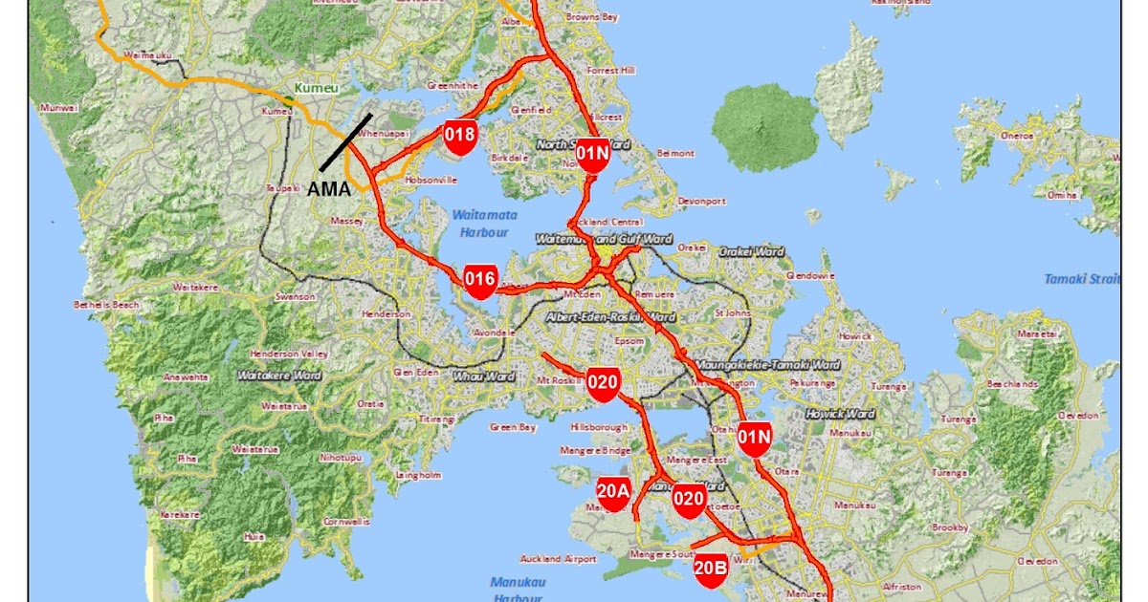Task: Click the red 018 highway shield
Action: (x=460, y=135)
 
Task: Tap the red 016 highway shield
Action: (x=480, y=280)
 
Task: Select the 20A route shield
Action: (x=613, y=492)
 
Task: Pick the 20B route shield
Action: (x=711, y=568)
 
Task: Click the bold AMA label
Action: (x=328, y=189)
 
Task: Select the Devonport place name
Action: (x=701, y=202)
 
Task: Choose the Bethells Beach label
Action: (x=107, y=305)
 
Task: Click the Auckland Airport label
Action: (x=553, y=559)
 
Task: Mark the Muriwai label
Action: (x=57, y=108)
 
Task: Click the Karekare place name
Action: (x=179, y=514)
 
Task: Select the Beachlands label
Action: (x=1014, y=384)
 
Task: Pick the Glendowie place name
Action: (x=804, y=275)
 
